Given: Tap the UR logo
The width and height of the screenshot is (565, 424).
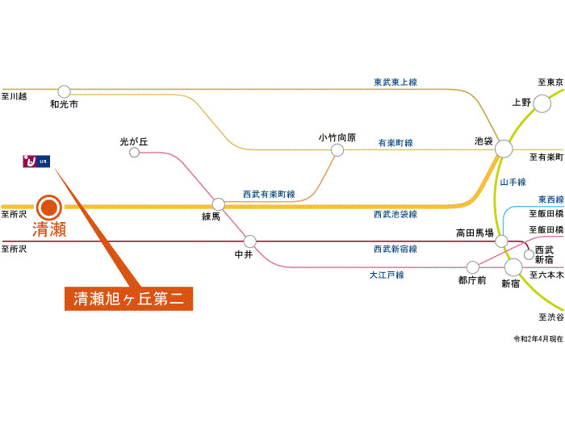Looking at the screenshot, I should [37, 161].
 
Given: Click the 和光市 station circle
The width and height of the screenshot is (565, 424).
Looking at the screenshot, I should [64, 91].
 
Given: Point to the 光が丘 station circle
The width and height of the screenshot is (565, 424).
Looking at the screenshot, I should [135, 151].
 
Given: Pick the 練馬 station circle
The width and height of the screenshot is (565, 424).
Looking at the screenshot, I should [218, 204].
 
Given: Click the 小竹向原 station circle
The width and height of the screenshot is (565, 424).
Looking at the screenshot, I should [337, 149].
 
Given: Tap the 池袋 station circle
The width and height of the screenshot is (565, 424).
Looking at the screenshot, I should [504, 149].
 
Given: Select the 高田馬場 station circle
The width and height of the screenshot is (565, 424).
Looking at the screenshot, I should [501, 241].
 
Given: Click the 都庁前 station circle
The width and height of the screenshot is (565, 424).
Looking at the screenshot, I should [472, 267].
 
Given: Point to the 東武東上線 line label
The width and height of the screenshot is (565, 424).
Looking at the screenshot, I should [400, 82].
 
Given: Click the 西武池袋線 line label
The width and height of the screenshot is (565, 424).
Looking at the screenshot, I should [395, 215].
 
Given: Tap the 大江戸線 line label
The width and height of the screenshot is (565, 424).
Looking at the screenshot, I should [387, 275].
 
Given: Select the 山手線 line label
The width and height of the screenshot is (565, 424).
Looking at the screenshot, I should [513, 183].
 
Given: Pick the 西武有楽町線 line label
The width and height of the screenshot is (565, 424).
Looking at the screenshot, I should [269, 195].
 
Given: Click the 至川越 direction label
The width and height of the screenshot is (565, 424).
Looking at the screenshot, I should [15, 97].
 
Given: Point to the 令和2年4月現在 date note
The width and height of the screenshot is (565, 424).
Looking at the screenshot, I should [538, 338].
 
